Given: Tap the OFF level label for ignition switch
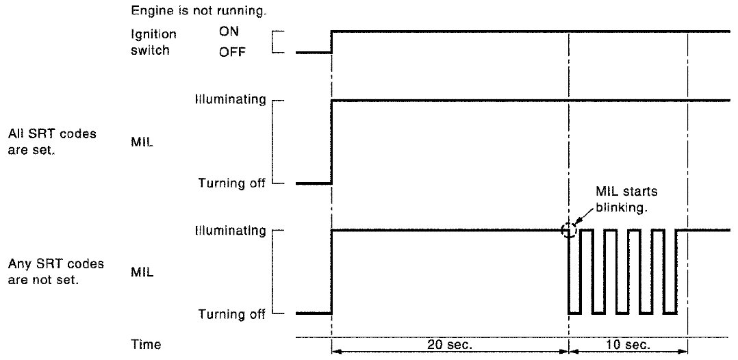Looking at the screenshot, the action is click(232, 52).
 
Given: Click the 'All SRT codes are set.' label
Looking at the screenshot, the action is click(52, 141).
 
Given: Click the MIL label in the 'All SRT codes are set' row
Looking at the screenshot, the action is click(141, 141).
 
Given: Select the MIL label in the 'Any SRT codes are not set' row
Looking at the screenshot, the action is click(141, 272).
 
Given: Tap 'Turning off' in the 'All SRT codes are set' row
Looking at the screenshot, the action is click(231, 183).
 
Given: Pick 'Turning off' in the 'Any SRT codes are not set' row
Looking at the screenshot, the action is click(231, 314).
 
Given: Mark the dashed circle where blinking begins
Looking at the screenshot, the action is click(568, 231).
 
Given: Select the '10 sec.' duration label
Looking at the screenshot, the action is click(626, 343).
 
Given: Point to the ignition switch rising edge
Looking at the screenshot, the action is click(331, 41).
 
